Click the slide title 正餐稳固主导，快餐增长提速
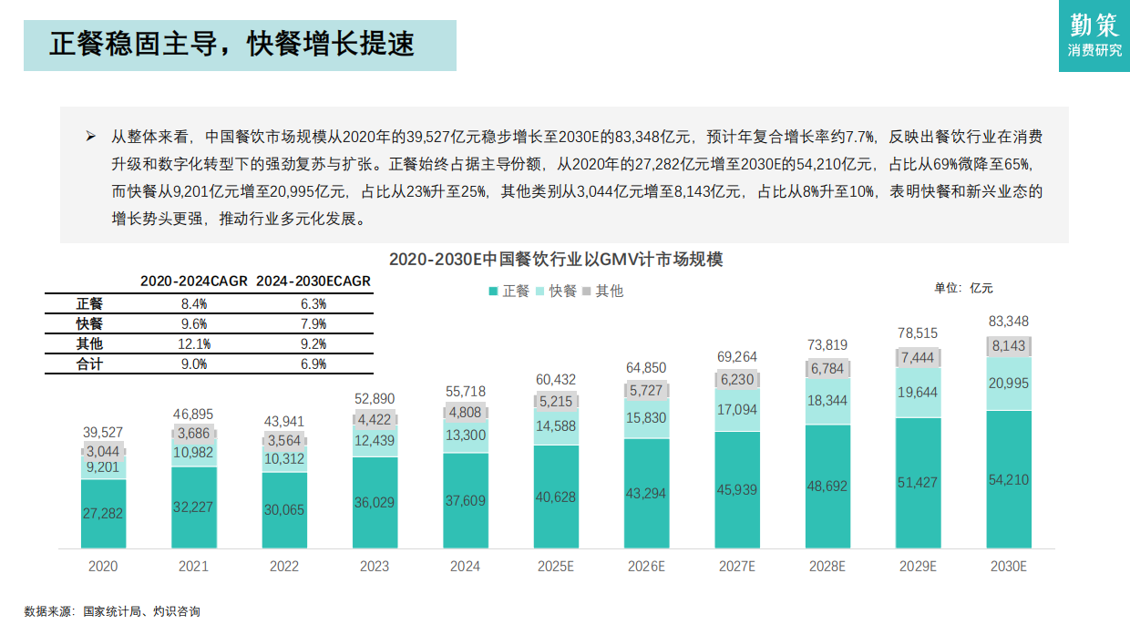[x=231, y=43]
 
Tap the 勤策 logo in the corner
[x=1094, y=36]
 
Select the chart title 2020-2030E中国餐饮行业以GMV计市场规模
[x=556, y=259]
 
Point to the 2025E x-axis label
[x=555, y=566]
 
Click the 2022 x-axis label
[x=283, y=566]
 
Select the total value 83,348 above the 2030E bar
[x=1009, y=321]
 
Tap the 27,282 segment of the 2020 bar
[x=103, y=514]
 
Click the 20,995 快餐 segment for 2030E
[x=1009, y=384]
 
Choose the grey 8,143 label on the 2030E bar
[x=1009, y=346]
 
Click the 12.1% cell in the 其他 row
[x=194, y=343]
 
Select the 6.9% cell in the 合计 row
[x=313, y=364]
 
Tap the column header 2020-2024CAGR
[x=193, y=282]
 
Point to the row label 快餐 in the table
[x=89, y=323]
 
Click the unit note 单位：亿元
[x=963, y=288]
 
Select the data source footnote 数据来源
[x=111, y=611]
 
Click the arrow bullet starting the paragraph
[x=90, y=137]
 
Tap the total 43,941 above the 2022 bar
[x=283, y=422]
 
